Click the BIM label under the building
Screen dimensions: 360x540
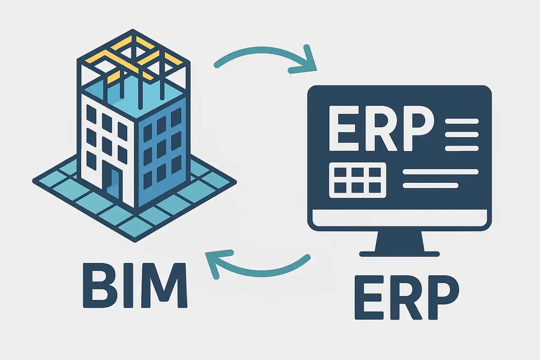135,285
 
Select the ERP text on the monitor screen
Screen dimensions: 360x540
381,128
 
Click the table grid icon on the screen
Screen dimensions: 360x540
357,180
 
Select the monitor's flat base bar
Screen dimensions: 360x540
399,254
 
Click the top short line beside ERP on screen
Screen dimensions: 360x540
462,121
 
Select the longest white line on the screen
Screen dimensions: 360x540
440,172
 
